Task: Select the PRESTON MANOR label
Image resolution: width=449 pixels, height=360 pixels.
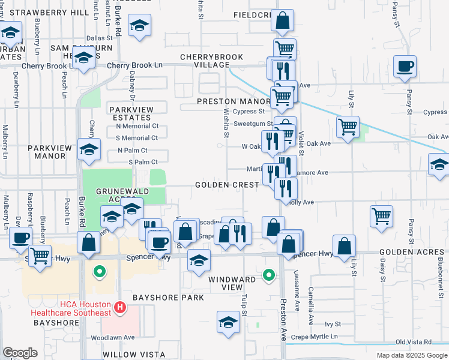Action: pyautogui.click(x=231, y=101)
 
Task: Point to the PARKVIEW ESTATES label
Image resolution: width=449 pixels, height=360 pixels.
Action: pyautogui.click(x=131, y=113)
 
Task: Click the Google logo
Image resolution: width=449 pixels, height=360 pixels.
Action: pyautogui.click(x=20, y=353)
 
